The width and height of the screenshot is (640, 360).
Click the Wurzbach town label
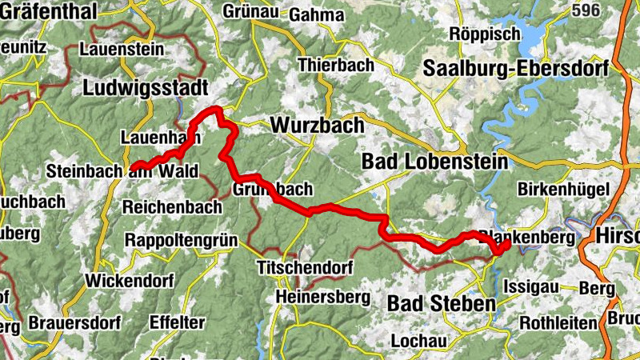point(317,126)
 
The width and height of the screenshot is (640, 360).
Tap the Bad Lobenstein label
point(434,161)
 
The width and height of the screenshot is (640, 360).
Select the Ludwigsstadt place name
point(146,88)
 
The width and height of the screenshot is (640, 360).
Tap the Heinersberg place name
point(322,297)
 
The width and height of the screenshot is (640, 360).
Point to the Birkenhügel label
point(564,190)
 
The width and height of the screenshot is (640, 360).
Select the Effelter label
point(177,322)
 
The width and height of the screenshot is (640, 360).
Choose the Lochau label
point(418,340)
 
